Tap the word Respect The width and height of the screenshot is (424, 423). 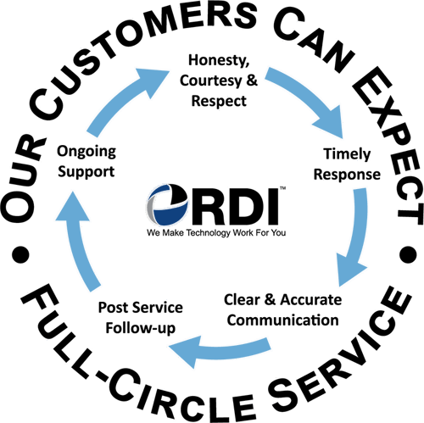219,101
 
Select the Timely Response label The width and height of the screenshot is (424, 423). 347,164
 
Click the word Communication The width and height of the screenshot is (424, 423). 283,320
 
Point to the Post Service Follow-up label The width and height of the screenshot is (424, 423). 141,318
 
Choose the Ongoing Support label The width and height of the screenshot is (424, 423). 86,162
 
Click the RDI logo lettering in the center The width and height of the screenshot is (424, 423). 236,205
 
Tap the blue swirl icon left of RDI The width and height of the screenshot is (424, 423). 167,205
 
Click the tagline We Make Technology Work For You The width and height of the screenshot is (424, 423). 216,233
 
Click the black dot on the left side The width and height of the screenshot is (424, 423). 20,254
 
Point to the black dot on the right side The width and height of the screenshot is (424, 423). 408,254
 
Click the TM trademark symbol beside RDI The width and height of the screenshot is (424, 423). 282,188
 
